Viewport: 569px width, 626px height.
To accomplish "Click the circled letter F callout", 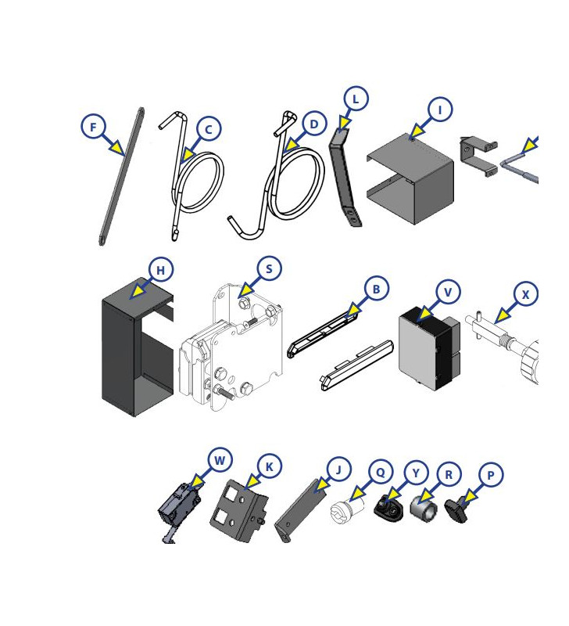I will (94, 126).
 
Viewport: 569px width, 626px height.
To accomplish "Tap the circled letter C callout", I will (208, 129).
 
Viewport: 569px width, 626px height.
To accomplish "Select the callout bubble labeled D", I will (314, 124).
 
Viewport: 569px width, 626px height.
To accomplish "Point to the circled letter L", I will (356, 99).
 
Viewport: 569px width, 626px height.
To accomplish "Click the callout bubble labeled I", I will (440, 110).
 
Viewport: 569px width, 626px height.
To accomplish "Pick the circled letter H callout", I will (161, 271).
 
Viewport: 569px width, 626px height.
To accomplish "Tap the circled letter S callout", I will (269, 269).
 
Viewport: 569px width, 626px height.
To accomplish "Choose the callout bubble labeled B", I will (377, 289).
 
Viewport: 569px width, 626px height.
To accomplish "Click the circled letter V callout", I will (448, 292).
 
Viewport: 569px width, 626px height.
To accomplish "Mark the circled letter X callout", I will (526, 294).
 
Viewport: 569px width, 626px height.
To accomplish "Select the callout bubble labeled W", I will (220, 460).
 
